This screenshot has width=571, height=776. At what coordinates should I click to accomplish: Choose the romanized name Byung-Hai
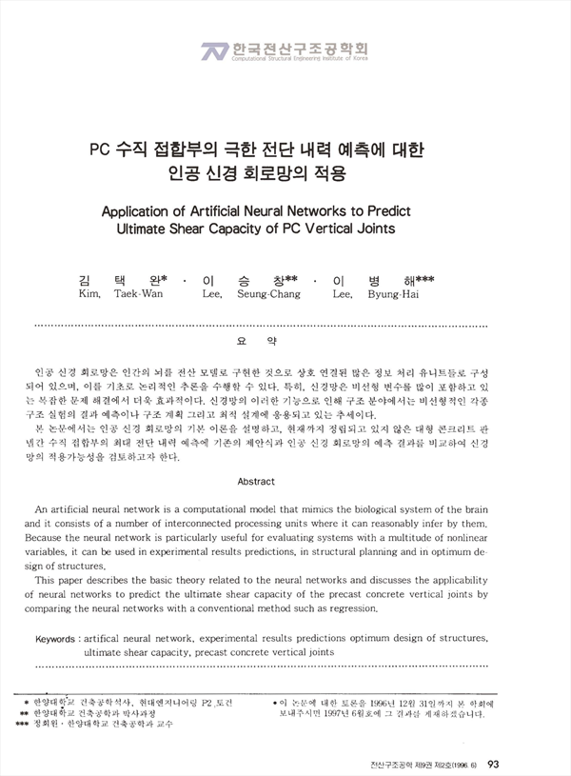coord(394,294)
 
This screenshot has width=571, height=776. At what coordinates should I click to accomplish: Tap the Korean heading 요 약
coord(260,339)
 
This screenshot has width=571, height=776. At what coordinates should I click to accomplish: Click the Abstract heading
coord(256,482)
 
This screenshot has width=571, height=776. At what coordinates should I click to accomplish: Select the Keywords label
coord(57,638)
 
